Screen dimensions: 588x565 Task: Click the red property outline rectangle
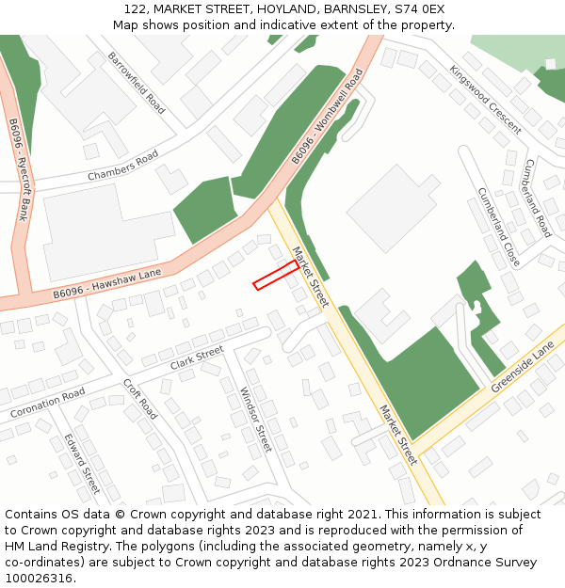[x=276, y=275]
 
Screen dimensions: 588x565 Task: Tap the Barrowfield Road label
[x=137, y=83]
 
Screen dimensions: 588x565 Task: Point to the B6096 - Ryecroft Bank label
[x=19, y=169]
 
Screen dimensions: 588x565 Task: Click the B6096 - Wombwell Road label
[x=326, y=117]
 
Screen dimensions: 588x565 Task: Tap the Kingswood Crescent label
[x=485, y=99]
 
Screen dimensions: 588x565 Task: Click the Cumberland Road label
[x=537, y=198]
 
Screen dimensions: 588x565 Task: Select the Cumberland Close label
[x=498, y=226]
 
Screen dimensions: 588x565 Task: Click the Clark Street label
[x=197, y=358]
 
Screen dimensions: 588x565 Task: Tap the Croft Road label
[x=140, y=399]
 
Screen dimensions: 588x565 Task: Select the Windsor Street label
[x=255, y=420]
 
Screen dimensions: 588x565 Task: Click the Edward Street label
[x=82, y=463]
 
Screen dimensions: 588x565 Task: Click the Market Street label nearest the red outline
[x=310, y=277]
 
